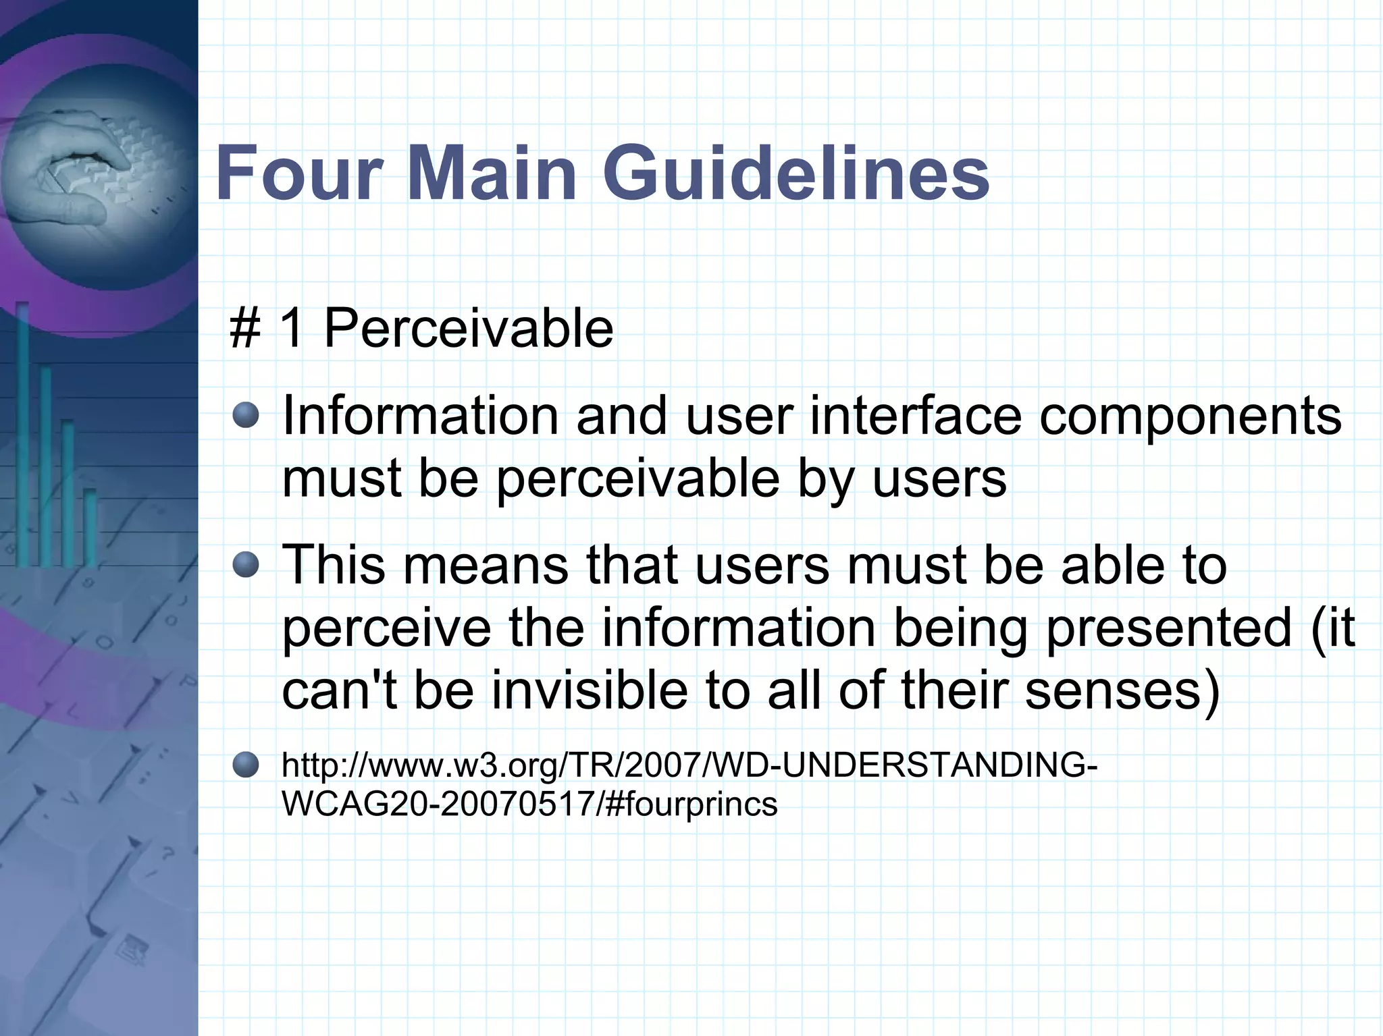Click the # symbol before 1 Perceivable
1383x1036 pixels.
pos(245,329)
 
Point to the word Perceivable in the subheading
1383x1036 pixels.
pos(468,329)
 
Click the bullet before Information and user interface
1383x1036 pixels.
pos(246,416)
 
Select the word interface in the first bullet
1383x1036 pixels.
pos(915,416)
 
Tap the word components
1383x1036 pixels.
pos(1190,417)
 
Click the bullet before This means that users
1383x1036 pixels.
pos(246,565)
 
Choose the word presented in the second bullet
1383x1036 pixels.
pos(1168,628)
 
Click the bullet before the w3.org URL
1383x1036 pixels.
pos(246,765)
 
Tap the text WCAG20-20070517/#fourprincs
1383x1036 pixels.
pos(529,804)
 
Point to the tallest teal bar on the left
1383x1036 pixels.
pos(22,435)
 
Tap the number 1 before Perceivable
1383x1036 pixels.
pos(291,329)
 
